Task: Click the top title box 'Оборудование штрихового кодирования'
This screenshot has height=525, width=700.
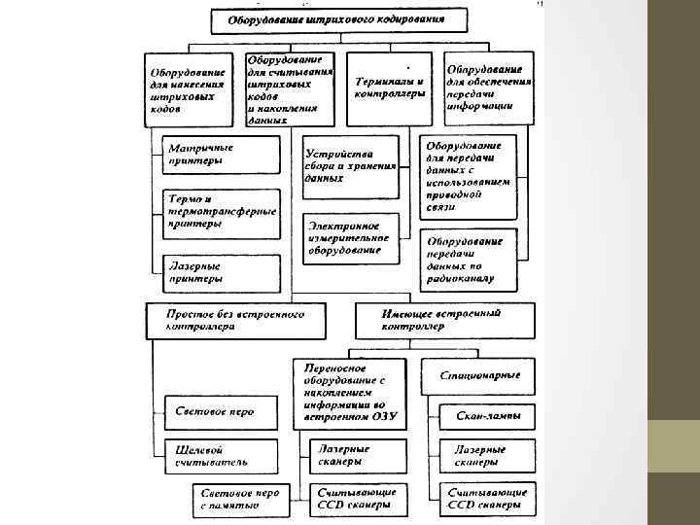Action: coord(334,20)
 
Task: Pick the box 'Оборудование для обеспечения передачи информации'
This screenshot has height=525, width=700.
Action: coord(489,88)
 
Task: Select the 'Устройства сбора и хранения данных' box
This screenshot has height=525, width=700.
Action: coord(349,166)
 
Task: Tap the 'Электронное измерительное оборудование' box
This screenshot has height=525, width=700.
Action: coord(349,236)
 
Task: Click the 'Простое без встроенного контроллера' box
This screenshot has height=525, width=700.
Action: coord(234,321)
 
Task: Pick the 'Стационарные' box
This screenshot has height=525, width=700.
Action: coord(477,375)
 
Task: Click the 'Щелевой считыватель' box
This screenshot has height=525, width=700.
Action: coord(221,457)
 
